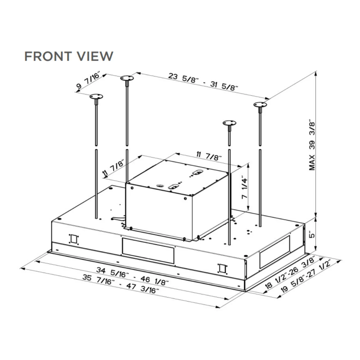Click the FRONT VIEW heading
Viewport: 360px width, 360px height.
[69, 56]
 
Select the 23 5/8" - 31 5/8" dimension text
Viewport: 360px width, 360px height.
[203, 82]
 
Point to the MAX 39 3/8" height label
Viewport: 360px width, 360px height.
[312, 145]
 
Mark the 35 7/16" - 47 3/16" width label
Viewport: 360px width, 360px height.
[121, 284]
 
